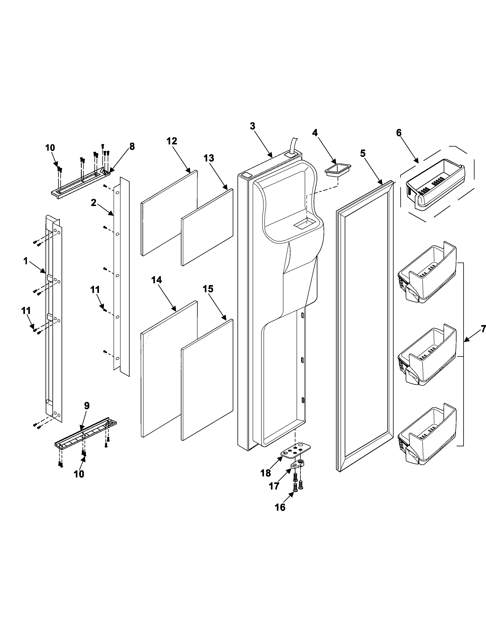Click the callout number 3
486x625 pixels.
pyautogui.click(x=252, y=126)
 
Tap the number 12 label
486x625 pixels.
pyautogui.click(x=172, y=141)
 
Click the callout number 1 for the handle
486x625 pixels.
pyautogui.click(x=26, y=261)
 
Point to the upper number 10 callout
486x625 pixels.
pyautogui.click(x=50, y=148)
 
